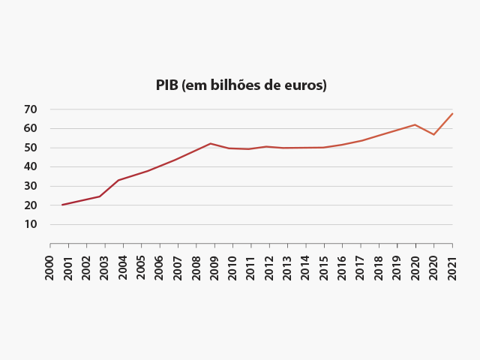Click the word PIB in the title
click(x=167, y=85)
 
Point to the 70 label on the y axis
click(x=30, y=109)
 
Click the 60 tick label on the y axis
click(x=30, y=128)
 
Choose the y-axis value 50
click(x=30, y=148)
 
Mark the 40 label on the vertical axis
click(x=30, y=166)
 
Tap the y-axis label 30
click(x=30, y=186)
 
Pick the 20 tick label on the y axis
click(x=30, y=205)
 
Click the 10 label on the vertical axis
click(x=30, y=224)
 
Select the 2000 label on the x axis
click(x=50, y=268)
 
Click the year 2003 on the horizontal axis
click(x=105, y=268)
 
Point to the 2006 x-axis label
click(x=160, y=268)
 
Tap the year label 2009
click(x=214, y=268)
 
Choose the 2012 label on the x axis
click(x=269, y=268)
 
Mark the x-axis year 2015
click(x=324, y=268)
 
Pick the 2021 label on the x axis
click(x=452, y=268)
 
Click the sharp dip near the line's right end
click(x=433, y=134)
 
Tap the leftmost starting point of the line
click(x=62, y=205)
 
